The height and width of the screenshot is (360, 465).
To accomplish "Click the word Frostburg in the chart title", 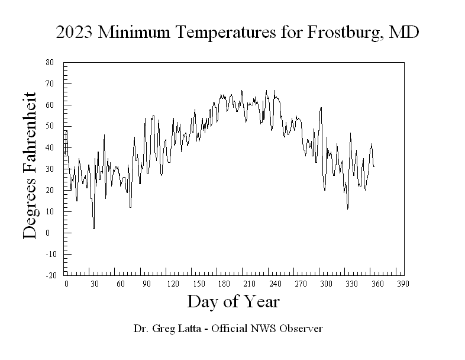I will (344, 33).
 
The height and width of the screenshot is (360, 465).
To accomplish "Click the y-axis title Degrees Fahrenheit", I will (30, 165).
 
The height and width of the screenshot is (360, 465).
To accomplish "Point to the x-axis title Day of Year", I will (233, 301).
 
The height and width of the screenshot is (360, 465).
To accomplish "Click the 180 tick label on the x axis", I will (226, 284).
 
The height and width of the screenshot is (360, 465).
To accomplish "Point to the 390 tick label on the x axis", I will (402, 284).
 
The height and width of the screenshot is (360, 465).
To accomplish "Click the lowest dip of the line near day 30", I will (93, 229).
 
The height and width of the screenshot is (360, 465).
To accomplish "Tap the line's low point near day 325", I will (348, 208).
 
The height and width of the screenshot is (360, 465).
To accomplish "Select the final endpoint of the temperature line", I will (374, 166).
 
